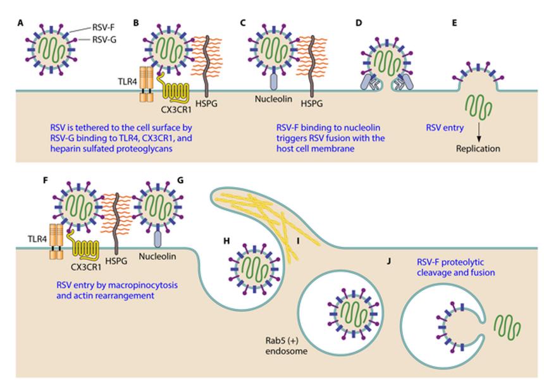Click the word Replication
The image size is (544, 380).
point(478,149)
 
